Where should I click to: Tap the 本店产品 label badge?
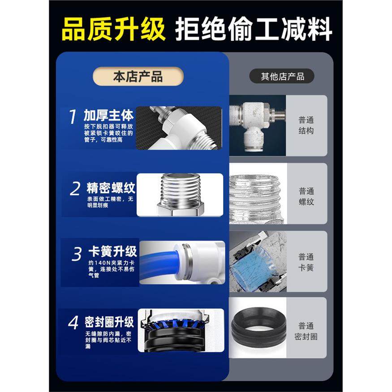click(x=138, y=77)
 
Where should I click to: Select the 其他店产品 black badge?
click(x=282, y=77)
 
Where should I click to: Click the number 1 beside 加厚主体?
click(x=73, y=117)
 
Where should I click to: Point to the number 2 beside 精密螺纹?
click(x=75, y=189)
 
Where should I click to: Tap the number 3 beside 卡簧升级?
click(x=77, y=254)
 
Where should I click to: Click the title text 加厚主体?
click(x=108, y=116)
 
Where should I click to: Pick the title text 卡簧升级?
click(x=112, y=250)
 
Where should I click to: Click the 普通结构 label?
click(x=306, y=125)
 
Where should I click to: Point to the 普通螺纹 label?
click(x=306, y=196)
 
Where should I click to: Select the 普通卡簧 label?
click(x=306, y=263)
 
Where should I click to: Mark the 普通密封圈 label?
click(x=306, y=332)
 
